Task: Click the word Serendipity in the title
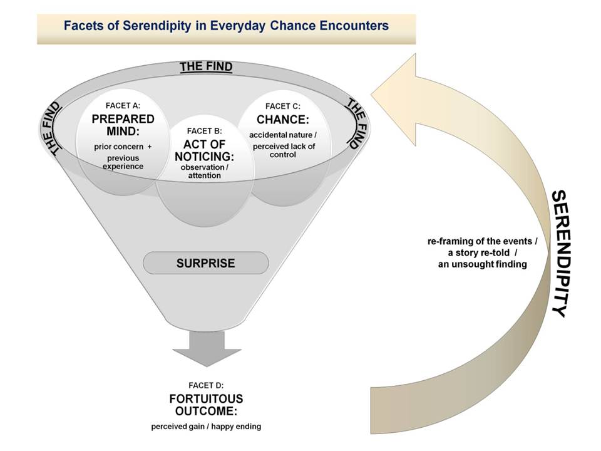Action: point(157,26)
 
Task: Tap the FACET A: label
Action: point(123,105)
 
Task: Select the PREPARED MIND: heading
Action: point(123,125)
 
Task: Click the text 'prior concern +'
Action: point(123,147)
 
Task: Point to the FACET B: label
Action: point(204,131)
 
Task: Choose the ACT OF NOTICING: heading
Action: point(204,150)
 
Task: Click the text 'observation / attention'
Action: point(204,172)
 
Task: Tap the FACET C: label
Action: point(283,106)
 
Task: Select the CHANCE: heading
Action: point(283,120)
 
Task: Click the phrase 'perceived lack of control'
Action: point(284,150)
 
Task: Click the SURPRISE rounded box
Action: point(206,263)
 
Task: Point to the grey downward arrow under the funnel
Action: point(207,349)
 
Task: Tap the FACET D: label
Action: point(206,385)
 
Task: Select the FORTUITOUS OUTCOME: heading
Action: point(206,405)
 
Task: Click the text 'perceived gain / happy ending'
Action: point(206,427)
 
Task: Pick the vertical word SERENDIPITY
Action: point(559,254)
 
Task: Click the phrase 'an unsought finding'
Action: point(482,264)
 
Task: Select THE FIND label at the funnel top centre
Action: point(206,67)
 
